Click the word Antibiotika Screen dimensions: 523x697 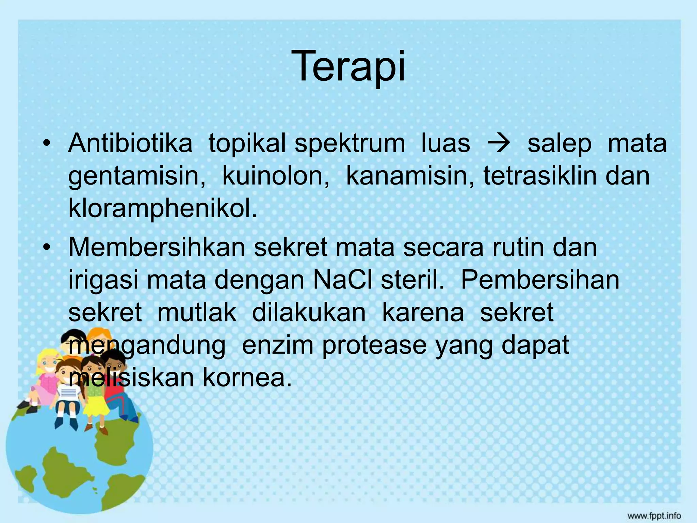(130, 143)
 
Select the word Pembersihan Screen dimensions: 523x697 (540, 280)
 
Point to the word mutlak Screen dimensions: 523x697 (197, 312)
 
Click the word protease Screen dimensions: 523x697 (374, 345)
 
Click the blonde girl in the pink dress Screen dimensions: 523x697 (44, 375)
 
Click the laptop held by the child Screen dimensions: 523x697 (70, 394)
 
